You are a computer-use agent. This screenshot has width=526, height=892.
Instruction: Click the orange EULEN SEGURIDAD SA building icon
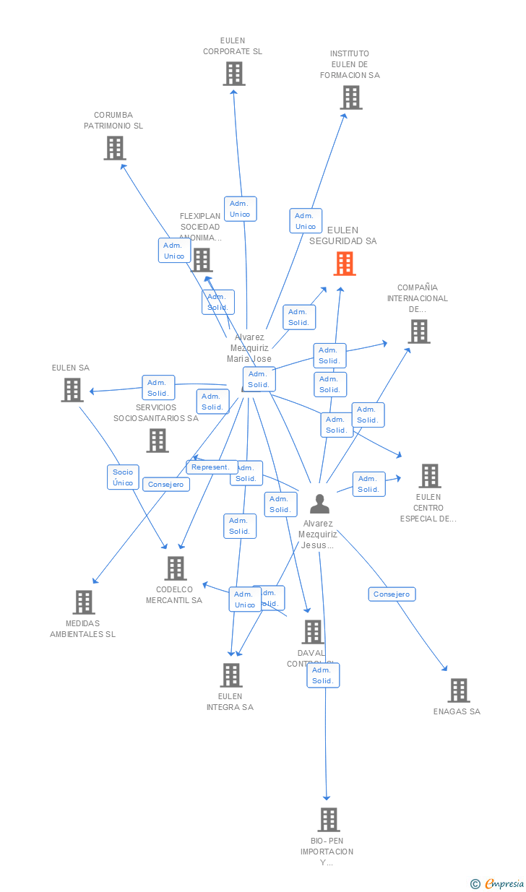(345, 264)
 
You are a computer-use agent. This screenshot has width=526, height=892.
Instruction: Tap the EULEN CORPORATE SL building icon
(233, 74)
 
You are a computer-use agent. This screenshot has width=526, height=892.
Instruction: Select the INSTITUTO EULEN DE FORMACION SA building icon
(350, 98)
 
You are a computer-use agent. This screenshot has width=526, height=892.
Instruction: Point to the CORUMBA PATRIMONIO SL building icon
(114, 148)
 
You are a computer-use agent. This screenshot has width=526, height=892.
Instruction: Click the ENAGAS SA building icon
(458, 690)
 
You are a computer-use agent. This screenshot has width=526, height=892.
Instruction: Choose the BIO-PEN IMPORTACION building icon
(329, 820)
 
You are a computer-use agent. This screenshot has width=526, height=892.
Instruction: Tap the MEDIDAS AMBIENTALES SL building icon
(84, 602)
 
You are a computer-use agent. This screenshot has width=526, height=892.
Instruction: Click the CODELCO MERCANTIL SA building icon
(175, 568)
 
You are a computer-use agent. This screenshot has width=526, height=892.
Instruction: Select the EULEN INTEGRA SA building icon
(230, 675)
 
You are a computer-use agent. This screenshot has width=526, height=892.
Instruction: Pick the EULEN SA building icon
(72, 390)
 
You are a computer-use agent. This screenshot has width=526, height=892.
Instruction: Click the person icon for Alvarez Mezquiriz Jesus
(319, 503)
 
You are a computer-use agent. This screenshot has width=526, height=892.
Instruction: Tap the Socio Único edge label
(123, 477)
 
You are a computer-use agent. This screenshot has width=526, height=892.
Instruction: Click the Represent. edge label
(212, 467)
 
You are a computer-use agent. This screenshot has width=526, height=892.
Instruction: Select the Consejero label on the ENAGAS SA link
(392, 594)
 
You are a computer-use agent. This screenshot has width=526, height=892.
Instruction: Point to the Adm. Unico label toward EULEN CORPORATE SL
(240, 209)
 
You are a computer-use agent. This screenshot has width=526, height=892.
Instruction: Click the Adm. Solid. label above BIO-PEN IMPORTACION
(322, 675)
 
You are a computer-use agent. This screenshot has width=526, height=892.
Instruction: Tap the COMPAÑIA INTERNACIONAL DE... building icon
(418, 332)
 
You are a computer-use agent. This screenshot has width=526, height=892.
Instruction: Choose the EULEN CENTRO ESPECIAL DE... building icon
(429, 476)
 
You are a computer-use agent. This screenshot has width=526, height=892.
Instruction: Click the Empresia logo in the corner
(498, 883)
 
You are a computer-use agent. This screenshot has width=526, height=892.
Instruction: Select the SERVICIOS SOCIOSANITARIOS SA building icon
(157, 440)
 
